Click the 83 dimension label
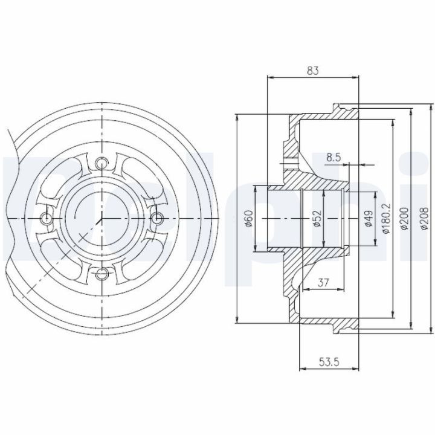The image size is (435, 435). coord(313,71)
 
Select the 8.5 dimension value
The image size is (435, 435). coord(333,158)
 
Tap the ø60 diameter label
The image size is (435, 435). coord(249,219)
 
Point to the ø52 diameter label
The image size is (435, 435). coord(318,219)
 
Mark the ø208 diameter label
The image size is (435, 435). coord(425,218)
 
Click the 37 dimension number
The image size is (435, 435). coord(323,283)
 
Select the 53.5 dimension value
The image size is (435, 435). coord(329,362)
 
